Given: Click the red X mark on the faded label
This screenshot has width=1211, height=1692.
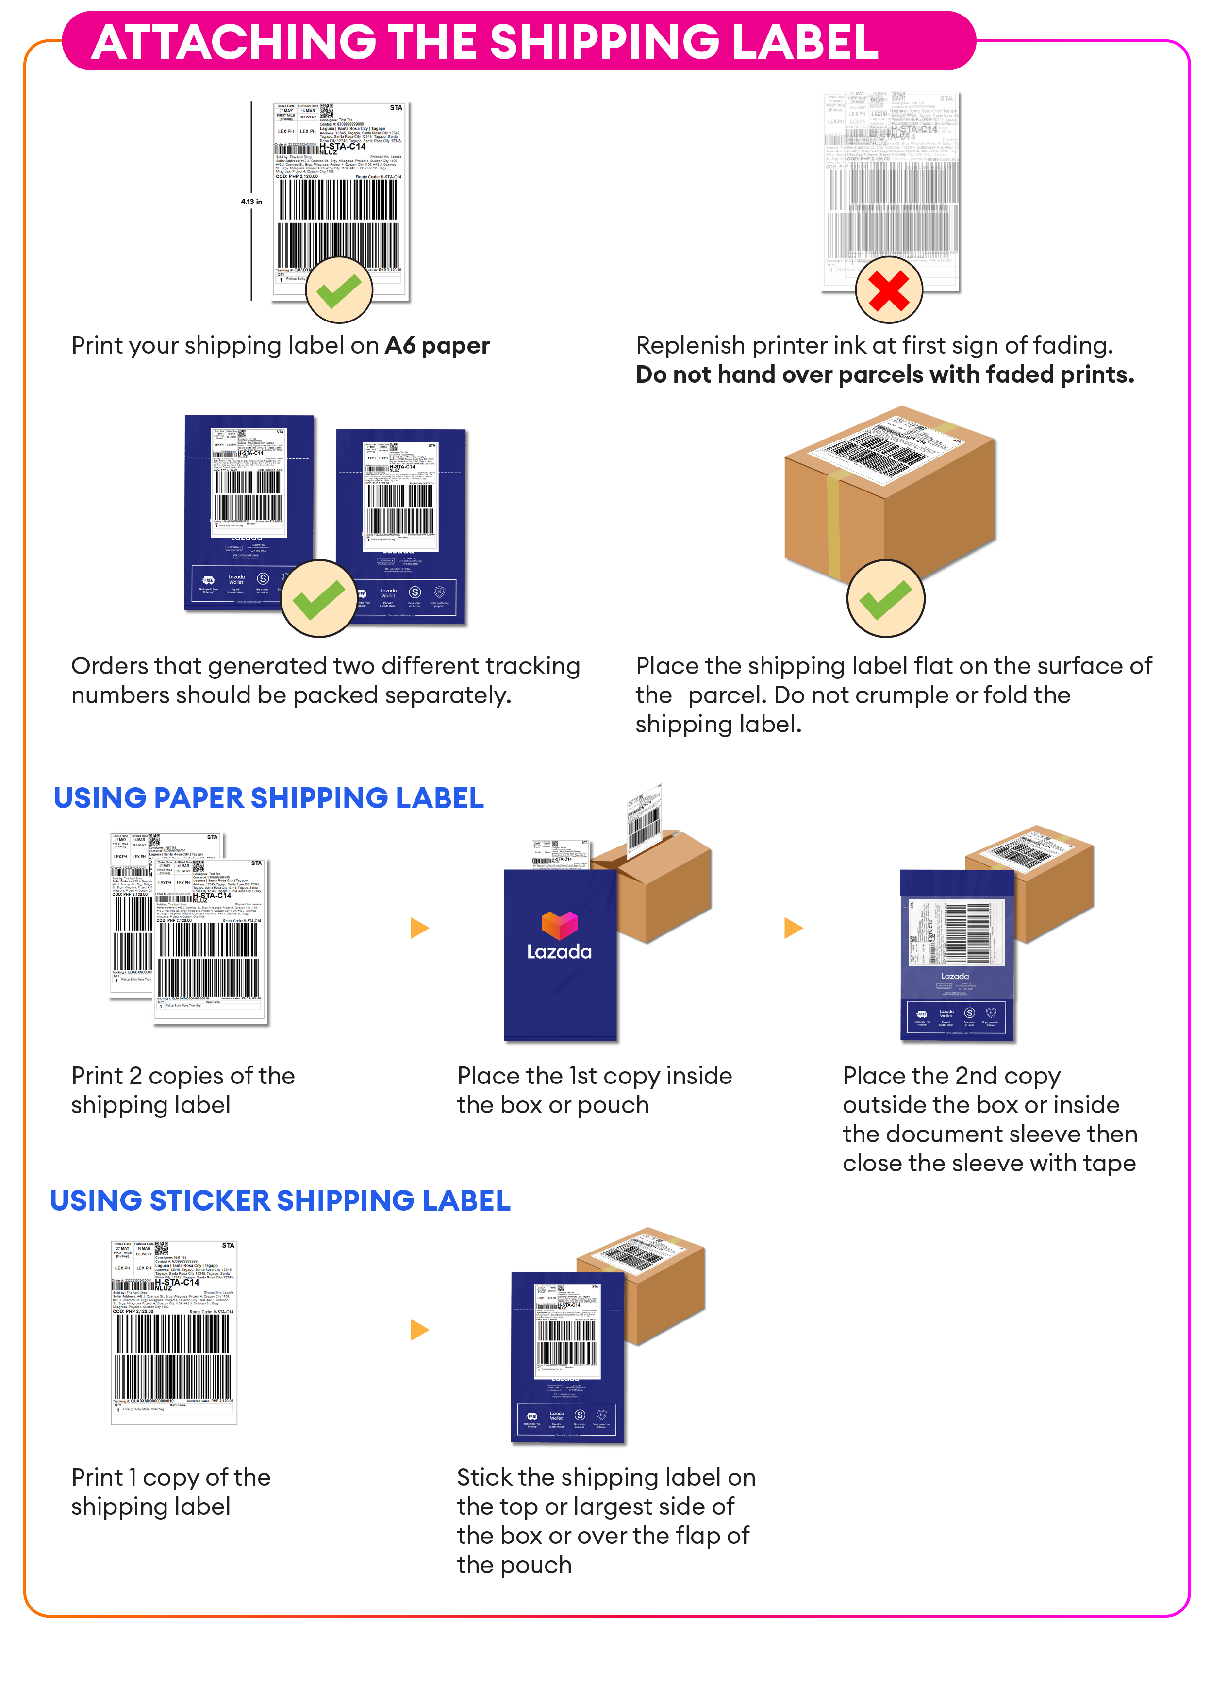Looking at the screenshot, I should click(888, 290).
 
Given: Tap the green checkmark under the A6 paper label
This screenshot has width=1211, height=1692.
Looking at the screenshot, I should click(338, 290).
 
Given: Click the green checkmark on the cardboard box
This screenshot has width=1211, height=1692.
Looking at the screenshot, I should click(885, 599).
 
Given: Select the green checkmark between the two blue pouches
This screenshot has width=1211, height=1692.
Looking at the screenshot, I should click(319, 599).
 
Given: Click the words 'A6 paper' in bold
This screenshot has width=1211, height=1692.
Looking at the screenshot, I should click(437, 346).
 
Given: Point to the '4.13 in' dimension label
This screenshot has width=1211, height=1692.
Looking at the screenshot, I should click(251, 202).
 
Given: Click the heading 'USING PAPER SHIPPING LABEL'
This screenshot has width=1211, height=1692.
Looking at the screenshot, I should click(268, 798).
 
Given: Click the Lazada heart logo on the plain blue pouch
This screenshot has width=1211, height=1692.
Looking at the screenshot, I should click(559, 925).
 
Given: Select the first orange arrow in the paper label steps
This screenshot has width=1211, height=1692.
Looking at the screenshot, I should click(420, 928).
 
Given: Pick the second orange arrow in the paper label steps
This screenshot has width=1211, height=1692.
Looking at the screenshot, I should click(794, 928).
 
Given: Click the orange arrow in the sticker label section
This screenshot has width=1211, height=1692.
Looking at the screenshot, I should click(420, 1330).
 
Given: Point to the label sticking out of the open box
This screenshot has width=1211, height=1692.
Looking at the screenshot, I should click(644, 821).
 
